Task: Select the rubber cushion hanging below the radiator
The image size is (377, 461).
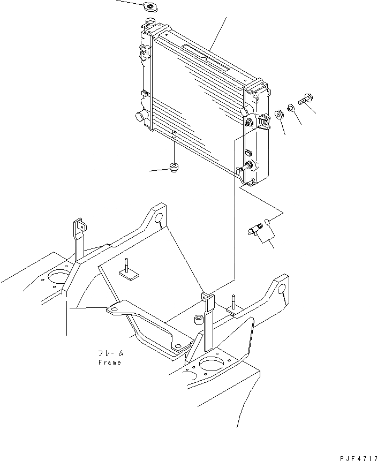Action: click(x=175, y=168)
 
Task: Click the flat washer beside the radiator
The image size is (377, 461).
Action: click(x=279, y=115)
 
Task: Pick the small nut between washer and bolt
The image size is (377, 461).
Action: click(x=291, y=107)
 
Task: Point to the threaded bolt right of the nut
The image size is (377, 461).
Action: click(x=305, y=99)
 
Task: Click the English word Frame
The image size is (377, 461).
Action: click(x=109, y=362)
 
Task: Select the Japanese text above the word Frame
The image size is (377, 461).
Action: click(x=111, y=353)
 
